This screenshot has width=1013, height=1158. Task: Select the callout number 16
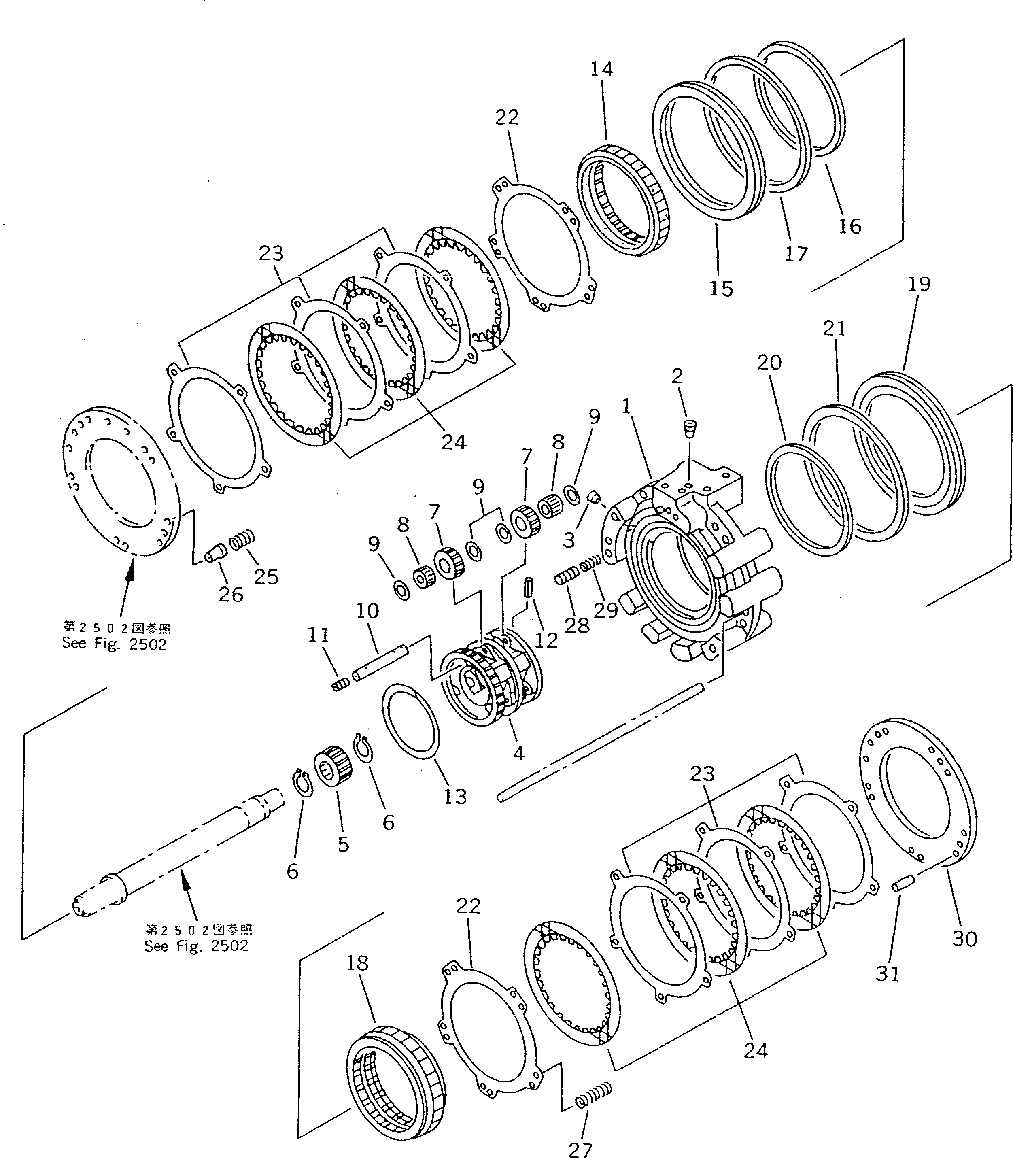(x=849, y=226)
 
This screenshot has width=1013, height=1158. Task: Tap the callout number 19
(x=919, y=284)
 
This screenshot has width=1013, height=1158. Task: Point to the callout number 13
(x=455, y=796)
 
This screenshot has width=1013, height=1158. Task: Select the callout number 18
(x=357, y=963)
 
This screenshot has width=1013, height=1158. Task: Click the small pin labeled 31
(x=902, y=883)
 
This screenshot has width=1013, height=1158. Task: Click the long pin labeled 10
(x=380, y=663)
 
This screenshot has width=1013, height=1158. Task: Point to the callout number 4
(x=518, y=752)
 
